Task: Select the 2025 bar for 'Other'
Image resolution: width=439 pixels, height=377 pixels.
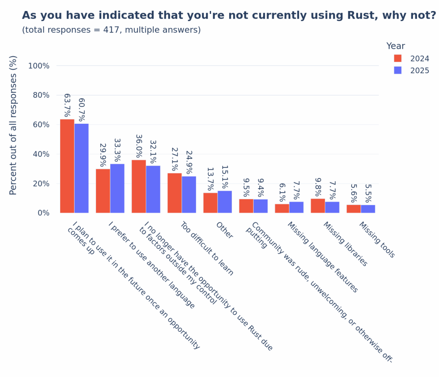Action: pos(225,202)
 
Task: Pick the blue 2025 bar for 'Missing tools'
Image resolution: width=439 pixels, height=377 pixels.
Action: pos(368,209)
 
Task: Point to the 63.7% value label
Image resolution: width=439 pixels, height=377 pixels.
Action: pos(67,105)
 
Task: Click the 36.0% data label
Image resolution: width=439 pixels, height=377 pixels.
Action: pos(139,146)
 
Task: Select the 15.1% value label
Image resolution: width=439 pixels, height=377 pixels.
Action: pos(225,177)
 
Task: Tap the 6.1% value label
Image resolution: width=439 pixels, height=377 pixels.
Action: pos(282,192)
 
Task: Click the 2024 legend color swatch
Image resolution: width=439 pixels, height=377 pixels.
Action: pos(398,58)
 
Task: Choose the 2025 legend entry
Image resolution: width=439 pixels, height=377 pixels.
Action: pos(419,70)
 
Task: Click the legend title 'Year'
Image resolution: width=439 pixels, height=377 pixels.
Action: pos(395,46)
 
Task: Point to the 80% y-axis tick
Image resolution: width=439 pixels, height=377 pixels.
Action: pos(41,95)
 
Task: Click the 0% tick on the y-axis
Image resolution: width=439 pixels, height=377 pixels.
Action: pos(43,213)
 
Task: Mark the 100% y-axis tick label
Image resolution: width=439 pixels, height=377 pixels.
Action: pos(39,66)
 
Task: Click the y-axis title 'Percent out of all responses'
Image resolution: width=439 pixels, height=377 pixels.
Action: pos(13,125)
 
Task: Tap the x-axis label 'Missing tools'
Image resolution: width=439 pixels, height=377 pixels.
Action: pos(376,240)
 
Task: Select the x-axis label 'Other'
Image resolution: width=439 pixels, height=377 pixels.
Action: pos(224,230)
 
